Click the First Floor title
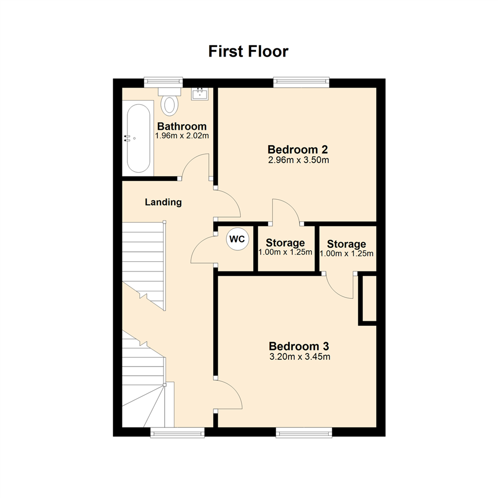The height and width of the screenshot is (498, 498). click(249, 51)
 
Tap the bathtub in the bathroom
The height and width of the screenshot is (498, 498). click(138, 138)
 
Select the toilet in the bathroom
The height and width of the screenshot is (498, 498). click(169, 101)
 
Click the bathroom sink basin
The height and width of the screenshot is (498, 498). click(200, 94)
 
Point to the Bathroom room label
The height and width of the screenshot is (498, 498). click(182, 126)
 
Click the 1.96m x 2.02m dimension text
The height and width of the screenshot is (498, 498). click(182, 136)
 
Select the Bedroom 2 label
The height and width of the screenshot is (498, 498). click(297, 149)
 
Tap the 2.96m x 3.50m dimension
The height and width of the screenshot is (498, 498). click(298, 160)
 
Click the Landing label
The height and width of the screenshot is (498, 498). click(163, 202)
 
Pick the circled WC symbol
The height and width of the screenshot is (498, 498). click(237, 239)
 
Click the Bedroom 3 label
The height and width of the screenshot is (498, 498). click(299, 346)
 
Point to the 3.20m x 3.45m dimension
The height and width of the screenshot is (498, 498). click(300, 356)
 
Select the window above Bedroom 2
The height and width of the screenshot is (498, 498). click(302, 82)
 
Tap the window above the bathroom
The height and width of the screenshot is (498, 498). click(163, 82)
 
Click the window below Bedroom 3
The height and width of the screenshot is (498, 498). click(304, 433)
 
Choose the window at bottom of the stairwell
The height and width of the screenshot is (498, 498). click(177, 433)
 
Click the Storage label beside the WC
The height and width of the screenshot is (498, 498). click(285, 243)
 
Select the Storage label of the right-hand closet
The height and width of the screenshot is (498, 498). click(346, 244)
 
